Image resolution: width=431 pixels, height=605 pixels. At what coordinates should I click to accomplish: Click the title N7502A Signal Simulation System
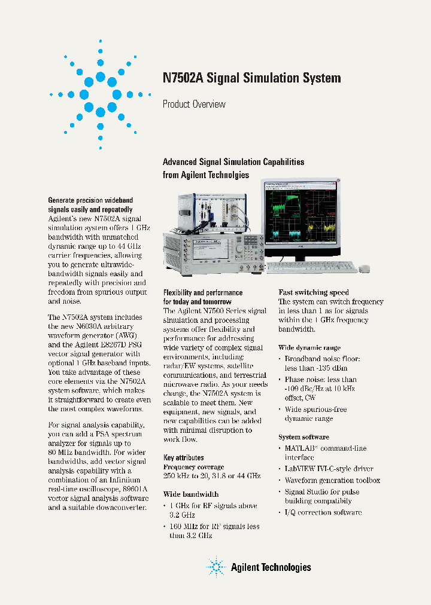pyautogui.click(x=252, y=78)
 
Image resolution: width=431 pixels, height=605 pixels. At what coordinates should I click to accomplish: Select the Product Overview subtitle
pyautogui.click(x=194, y=104)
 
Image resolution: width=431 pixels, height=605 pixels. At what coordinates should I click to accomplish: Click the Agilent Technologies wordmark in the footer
pyautogui.click(x=271, y=567)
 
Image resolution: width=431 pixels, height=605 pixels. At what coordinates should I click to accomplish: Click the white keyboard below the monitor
pyautogui.click(x=311, y=267)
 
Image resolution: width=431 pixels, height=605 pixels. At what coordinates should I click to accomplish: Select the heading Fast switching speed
pyautogui.click(x=314, y=292)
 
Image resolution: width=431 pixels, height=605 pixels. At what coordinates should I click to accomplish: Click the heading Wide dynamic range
pyautogui.click(x=309, y=347)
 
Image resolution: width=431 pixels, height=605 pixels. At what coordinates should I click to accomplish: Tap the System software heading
pyautogui.click(x=303, y=437)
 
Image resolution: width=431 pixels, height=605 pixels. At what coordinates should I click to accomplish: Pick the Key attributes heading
pyautogui.click(x=184, y=458)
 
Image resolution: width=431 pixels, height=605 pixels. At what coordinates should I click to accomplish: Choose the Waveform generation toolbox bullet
pyautogui.click(x=332, y=480)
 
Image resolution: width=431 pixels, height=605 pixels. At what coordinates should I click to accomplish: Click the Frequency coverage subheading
pyautogui.click(x=194, y=466)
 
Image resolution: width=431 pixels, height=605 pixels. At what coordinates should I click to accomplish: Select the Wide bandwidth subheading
pyautogui.click(x=191, y=494)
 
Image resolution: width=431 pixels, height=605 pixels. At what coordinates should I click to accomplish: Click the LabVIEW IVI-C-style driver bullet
pyautogui.click(x=329, y=469)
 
